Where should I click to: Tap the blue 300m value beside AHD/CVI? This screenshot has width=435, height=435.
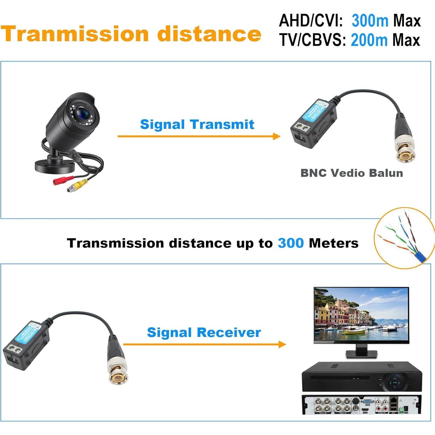370,21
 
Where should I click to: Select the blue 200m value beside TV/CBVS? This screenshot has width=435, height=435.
369,40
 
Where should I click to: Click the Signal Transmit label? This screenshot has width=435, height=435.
197,124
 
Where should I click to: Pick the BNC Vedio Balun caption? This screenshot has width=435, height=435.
352,173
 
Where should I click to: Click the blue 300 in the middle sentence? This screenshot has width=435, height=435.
291,243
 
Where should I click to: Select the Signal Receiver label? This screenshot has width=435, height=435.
204,332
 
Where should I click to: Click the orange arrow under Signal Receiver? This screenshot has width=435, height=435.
204,344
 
